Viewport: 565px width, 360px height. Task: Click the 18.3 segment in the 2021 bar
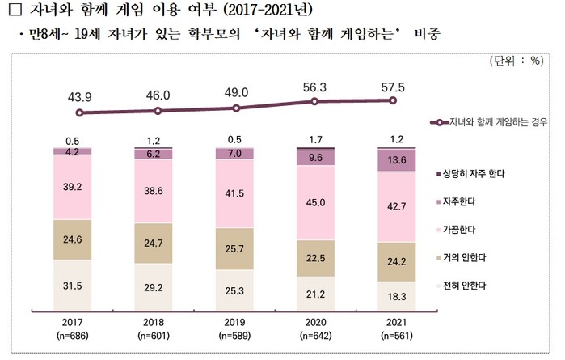[x=392, y=297]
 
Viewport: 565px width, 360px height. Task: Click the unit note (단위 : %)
[x=518, y=61]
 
